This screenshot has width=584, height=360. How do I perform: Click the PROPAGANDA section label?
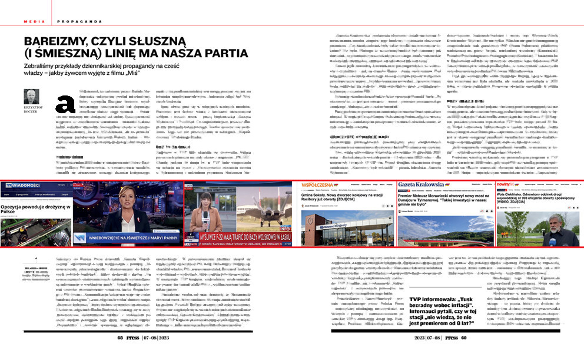[x=78, y=21]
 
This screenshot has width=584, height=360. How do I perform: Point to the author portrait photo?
[x=31, y=97]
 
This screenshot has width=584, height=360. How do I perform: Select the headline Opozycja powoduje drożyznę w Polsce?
[x=35, y=210]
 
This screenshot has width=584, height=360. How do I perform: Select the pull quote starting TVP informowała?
[x=447, y=308]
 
